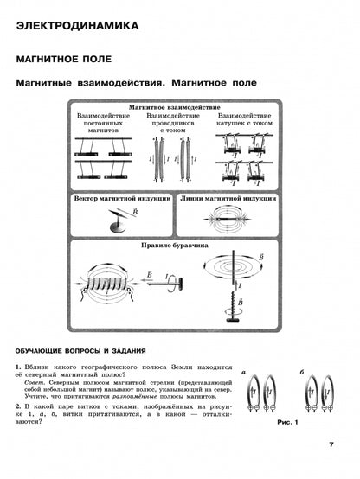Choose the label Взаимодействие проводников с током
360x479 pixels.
click(x=167, y=124)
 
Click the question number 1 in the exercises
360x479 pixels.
click(x=18, y=368)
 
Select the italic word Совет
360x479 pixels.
click(x=35, y=384)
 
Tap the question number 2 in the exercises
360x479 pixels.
click(x=18, y=406)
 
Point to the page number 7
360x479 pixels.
click(x=331, y=444)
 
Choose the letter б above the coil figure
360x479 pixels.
click(x=299, y=371)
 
